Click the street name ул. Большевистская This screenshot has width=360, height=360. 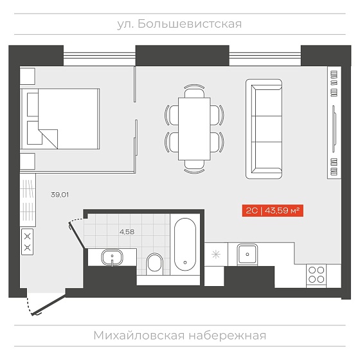tap(179, 24)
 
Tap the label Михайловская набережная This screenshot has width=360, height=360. tap(180, 336)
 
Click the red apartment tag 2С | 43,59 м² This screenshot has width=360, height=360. tap(273, 211)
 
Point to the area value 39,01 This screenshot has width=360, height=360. tap(60, 195)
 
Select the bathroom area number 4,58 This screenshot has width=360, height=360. tap(127, 232)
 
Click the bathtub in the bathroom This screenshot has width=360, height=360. tap(185, 244)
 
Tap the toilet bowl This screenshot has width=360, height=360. tap(155, 264)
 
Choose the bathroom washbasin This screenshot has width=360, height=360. tap(112, 258)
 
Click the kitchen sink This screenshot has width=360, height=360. tap(248, 254)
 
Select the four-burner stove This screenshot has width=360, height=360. tap(316, 275)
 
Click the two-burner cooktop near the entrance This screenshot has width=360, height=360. tap(27, 242)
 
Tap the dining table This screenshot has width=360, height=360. tap(194, 129)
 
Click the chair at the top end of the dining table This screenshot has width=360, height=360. tap(194, 91)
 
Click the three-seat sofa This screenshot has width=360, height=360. tap(264, 129)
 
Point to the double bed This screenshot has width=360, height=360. tap(60, 119)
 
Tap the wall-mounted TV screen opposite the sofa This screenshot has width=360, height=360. tap(334, 129)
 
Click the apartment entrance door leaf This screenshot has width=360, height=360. tap(49, 305)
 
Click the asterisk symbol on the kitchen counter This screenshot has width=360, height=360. tap(216, 255)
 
